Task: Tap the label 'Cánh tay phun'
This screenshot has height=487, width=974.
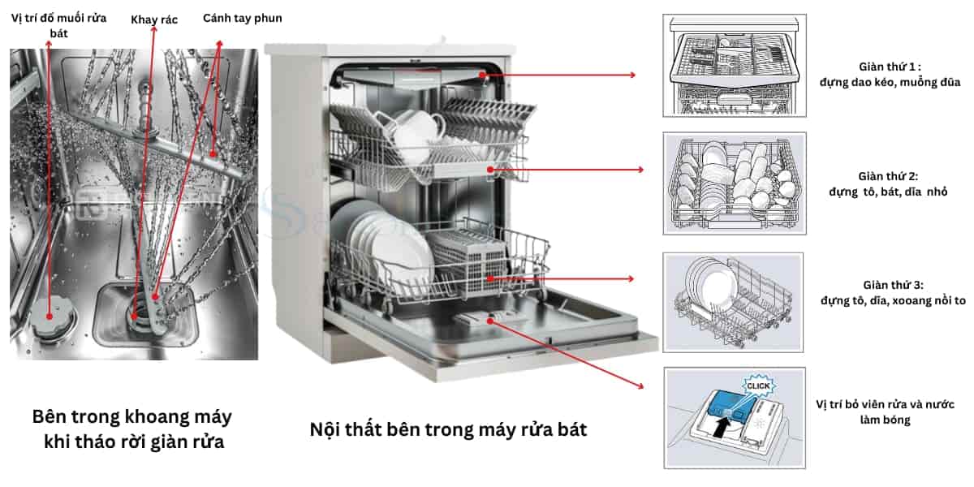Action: pyautogui.click(x=243, y=18)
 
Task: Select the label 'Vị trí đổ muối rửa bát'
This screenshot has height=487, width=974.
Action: pyautogui.click(x=51, y=25)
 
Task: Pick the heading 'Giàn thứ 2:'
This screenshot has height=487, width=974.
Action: pyautogui.click(x=888, y=176)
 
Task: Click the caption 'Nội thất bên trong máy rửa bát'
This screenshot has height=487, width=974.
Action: pyautogui.click(x=448, y=429)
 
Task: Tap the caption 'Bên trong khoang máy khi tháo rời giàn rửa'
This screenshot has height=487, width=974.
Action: pyautogui.click(x=132, y=430)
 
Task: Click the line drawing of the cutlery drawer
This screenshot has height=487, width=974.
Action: pyautogui.click(x=734, y=65)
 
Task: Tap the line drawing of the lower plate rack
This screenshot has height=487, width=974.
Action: pyautogui.click(x=733, y=302)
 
